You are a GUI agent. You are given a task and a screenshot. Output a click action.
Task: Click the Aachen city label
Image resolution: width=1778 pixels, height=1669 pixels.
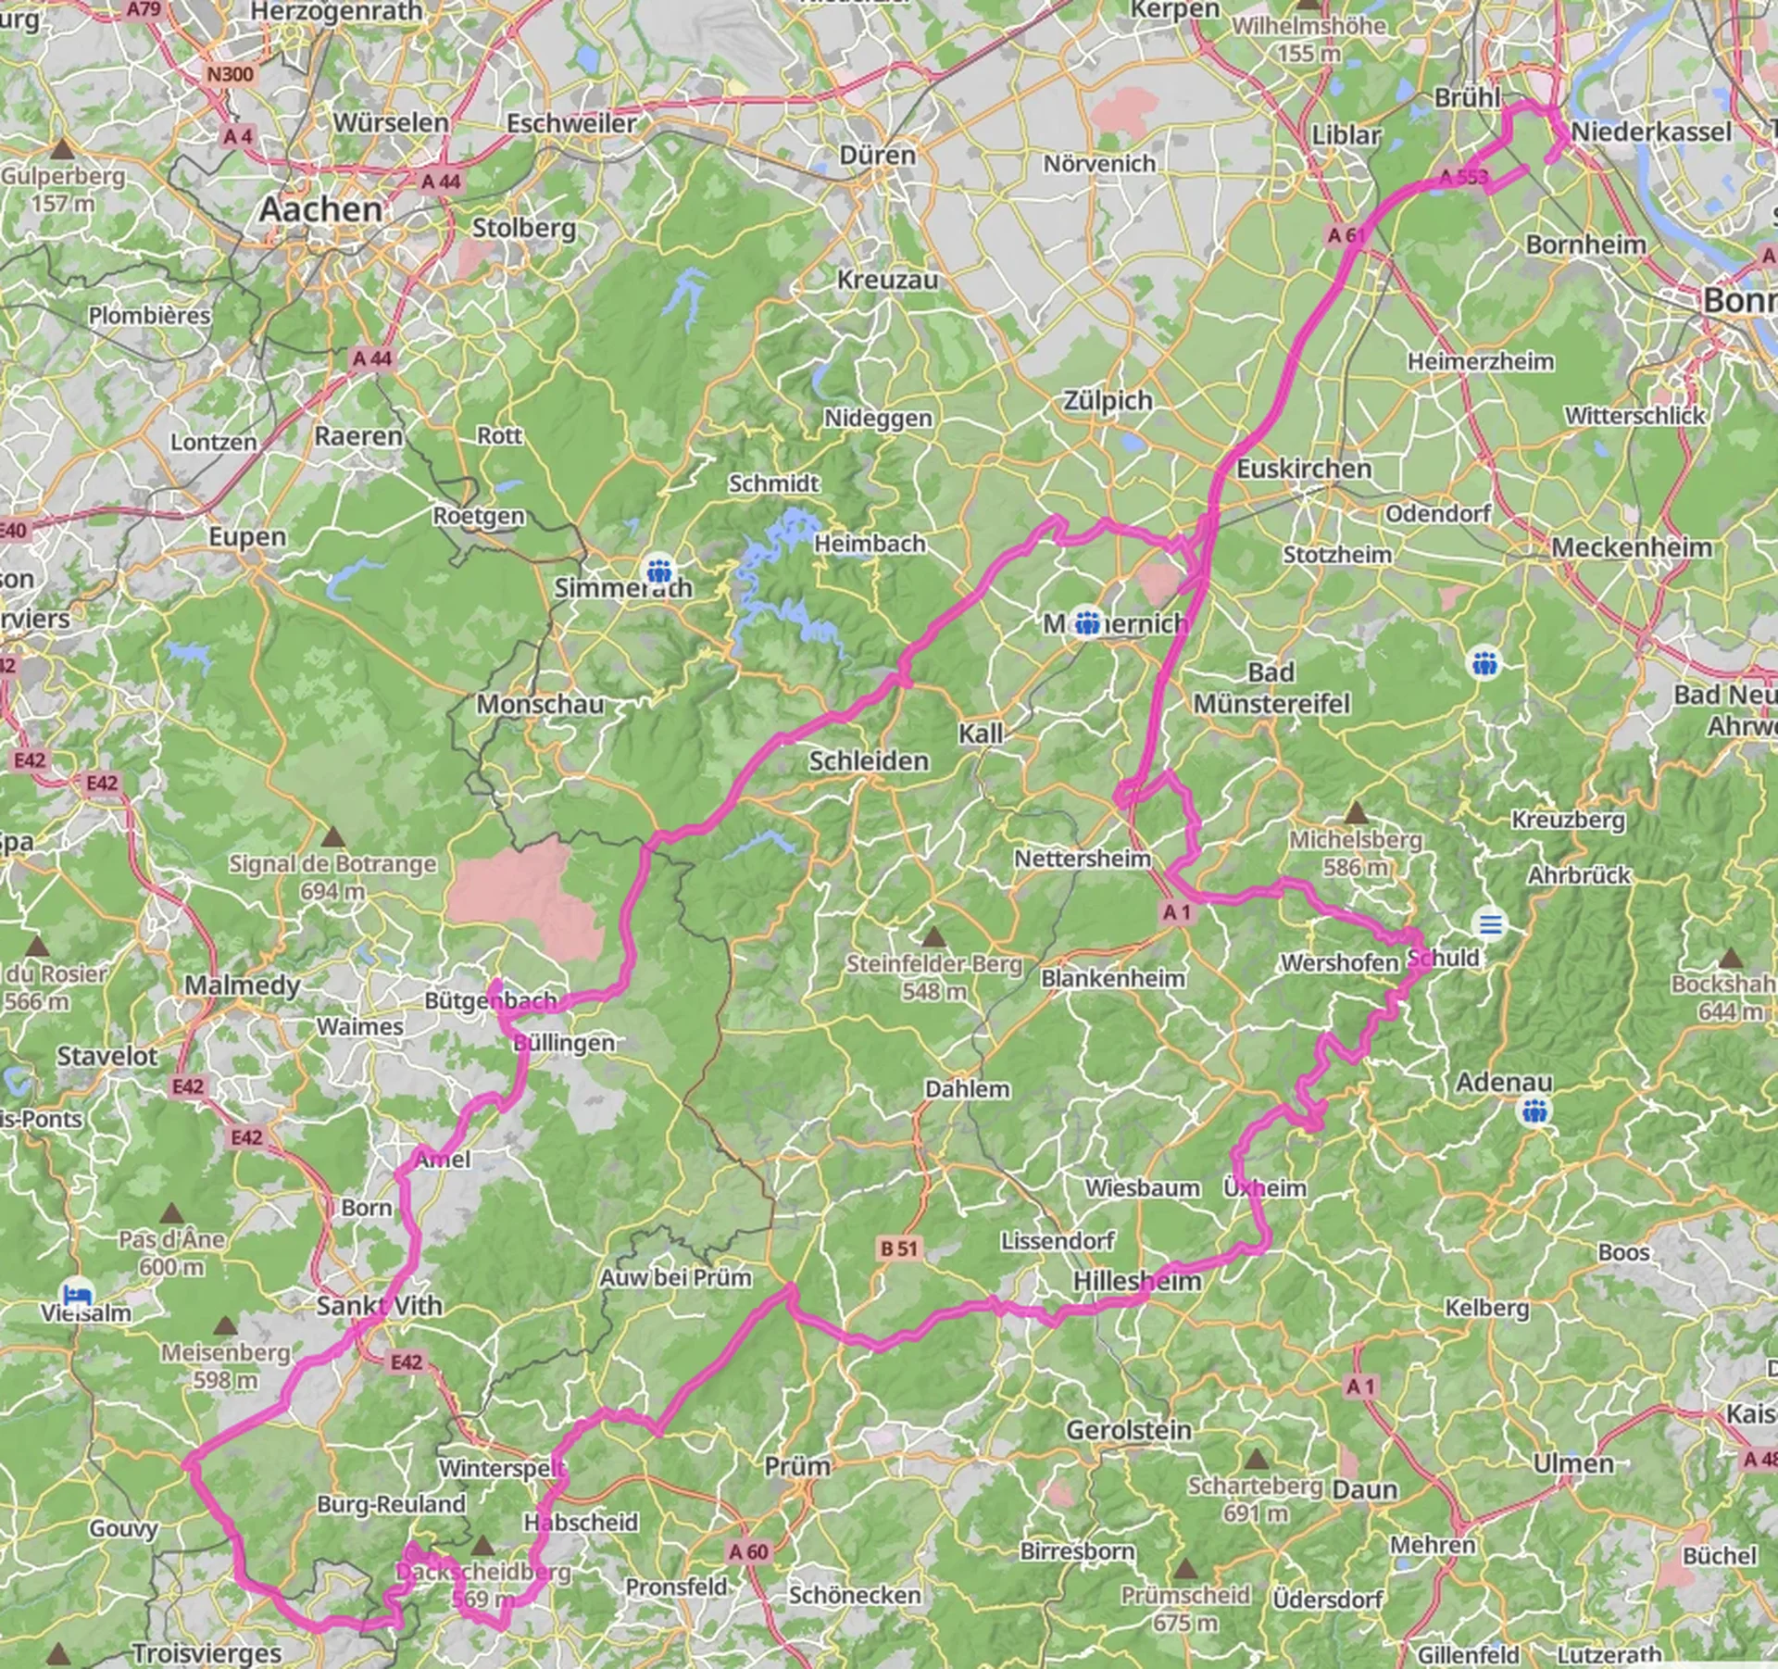(320, 209)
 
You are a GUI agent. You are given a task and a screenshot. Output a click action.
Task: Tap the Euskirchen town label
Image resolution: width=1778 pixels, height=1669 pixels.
(1304, 469)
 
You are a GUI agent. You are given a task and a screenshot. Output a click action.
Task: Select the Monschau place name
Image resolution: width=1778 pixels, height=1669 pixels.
(540, 704)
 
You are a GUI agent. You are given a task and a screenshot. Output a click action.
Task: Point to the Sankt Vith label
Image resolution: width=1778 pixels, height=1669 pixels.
(380, 1306)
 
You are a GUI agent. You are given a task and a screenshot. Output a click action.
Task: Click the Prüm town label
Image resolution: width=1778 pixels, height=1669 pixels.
(797, 1466)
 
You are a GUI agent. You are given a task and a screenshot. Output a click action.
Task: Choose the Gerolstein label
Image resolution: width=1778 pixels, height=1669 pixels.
(1128, 1429)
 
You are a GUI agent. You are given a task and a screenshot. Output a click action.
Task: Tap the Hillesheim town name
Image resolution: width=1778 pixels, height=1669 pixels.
(1137, 1281)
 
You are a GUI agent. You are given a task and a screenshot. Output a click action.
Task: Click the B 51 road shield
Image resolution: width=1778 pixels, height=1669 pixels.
(898, 1249)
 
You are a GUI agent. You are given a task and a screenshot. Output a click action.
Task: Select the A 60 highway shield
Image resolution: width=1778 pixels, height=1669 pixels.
(748, 1551)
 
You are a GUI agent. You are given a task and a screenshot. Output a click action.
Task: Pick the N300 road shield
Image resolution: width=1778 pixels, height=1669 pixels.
(230, 74)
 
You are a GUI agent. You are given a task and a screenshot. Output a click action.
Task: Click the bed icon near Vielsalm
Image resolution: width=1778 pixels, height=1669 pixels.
(76, 1292)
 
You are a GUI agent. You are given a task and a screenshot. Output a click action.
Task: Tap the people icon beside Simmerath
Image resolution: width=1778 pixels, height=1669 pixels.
(659, 568)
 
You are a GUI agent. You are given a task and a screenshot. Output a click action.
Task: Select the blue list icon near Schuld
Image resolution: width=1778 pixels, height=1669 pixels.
(1490, 924)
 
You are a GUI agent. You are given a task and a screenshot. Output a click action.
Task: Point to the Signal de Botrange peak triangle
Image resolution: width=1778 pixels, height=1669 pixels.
(333, 838)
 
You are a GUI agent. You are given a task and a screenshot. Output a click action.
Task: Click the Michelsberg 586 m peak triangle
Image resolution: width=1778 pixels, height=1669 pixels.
(1356, 813)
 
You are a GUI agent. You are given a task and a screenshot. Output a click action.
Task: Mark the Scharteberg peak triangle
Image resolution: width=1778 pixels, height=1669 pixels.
(1256, 1460)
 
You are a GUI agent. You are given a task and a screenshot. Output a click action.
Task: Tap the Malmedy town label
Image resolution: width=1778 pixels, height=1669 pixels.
(242, 985)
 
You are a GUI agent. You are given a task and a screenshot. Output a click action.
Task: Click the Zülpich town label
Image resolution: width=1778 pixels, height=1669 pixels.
(1108, 401)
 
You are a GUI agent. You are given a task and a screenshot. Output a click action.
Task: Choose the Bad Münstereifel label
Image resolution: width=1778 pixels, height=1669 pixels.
(1271, 688)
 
